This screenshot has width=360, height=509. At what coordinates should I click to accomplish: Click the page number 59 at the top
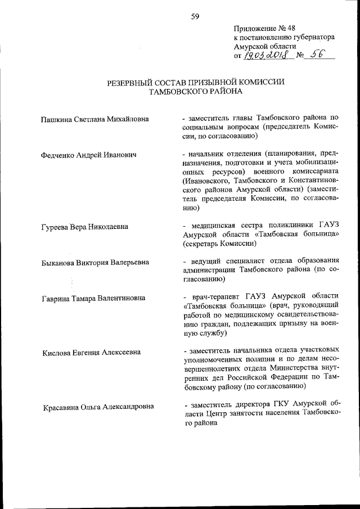point(195,16)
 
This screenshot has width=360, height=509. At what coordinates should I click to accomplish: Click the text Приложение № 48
point(260,28)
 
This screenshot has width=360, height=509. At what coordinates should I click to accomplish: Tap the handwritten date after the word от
point(263,55)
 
